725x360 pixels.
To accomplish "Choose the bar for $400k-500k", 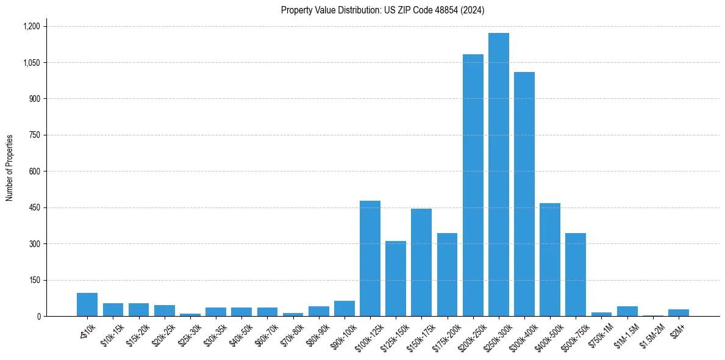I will pos(549,260).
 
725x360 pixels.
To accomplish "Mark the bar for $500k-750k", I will pos(575,275).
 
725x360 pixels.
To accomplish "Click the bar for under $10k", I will pos(87,304).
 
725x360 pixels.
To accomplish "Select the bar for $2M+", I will pos(678,313).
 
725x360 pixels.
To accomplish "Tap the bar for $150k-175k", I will pos(421,262).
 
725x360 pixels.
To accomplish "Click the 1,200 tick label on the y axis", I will pos(31,26).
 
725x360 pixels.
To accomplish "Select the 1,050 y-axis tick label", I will pos(31,63).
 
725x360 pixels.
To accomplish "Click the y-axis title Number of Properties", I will pos(9,168).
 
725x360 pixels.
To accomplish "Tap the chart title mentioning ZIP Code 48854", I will pos(382,10).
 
